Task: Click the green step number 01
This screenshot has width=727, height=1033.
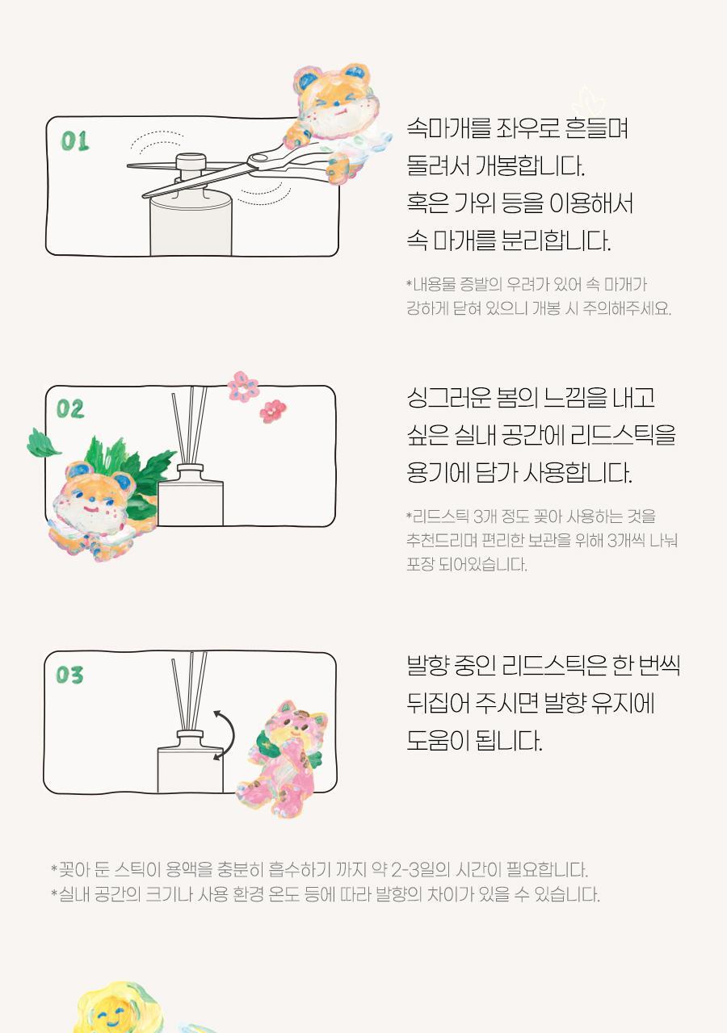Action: pos(75,141)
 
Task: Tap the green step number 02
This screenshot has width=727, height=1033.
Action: pos(70,409)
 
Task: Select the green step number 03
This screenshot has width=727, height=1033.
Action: pos(69,675)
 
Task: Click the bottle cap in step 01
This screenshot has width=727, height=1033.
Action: pos(191,162)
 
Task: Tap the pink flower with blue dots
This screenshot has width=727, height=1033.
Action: pos(243,386)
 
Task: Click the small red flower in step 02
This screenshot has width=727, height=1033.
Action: pos(272,411)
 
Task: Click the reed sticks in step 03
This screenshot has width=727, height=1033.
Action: pos(189,692)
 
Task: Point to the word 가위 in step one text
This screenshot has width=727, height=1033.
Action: pos(474,203)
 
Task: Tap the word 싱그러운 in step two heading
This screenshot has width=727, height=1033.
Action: pos(448,398)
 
